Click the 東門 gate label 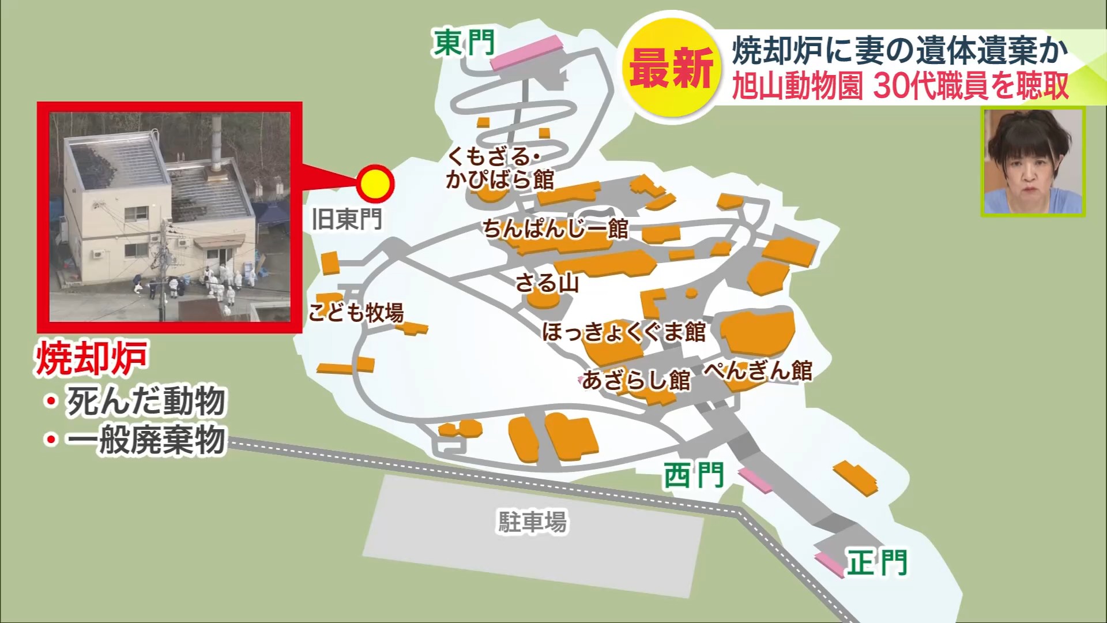point(464,43)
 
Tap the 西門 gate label point(693,476)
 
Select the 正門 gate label point(876,562)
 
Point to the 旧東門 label point(347,219)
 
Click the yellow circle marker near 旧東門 point(375,183)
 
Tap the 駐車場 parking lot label point(532,522)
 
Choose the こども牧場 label point(356,312)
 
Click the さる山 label point(547,283)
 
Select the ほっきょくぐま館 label point(624,332)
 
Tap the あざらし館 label point(636,380)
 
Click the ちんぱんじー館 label point(555,229)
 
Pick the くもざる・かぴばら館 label point(499,168)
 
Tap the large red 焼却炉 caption point(91,358)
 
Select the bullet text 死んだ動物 point(145,401)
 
